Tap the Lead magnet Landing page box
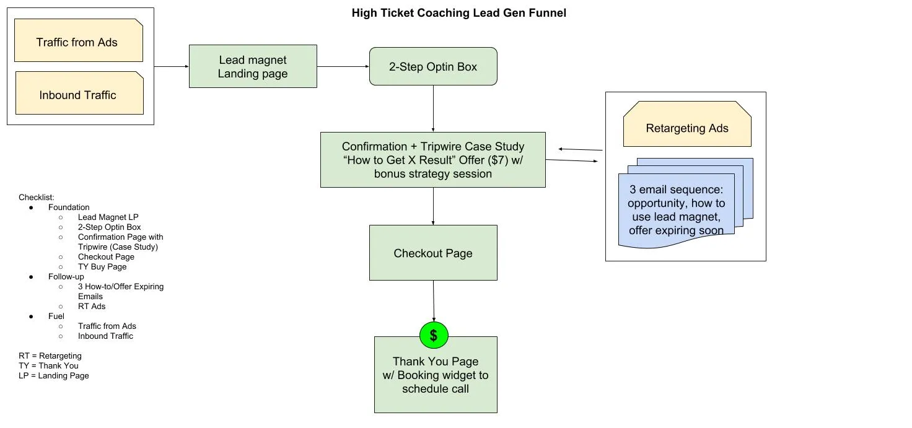coord(253,66)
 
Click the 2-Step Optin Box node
coord(433,66)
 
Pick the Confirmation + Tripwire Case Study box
coord(432,160)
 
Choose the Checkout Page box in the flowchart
coord(433,253)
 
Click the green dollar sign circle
coord(434,336)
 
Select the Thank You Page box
coord(436,375)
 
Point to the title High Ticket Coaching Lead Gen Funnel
coord(458,12)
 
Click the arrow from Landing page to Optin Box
coord(343,66)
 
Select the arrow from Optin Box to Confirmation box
coord(433,108)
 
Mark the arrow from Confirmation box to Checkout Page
coord(433,206)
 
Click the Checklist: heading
coord(37,198)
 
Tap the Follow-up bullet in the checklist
coord(66,277)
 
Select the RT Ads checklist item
coord(92,307)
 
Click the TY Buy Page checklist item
coord(102,267)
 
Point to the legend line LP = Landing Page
coord(54,376)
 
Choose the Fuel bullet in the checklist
coord(56,317)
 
